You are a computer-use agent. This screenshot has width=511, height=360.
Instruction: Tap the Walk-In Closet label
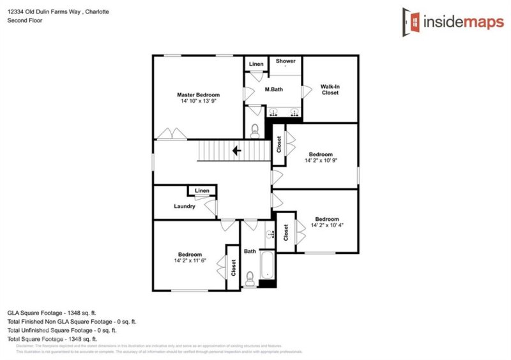click(330, 89)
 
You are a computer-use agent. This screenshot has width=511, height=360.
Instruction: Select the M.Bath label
click(274, 89)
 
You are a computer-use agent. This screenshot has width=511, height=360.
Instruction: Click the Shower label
click(286, 61)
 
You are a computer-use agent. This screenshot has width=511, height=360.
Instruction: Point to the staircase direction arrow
click(236, 151)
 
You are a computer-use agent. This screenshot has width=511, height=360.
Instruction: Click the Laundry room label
click(185, 206)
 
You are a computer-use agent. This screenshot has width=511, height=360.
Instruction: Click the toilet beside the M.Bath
click(255, 130)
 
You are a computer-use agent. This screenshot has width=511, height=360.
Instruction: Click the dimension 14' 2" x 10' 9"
click(320, 161)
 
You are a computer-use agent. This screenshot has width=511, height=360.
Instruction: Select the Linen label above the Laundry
click(202, 191)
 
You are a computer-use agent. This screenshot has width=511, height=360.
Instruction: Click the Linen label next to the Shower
click(256, 64)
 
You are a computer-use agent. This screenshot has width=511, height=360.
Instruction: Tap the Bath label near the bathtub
click(250, 251)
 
